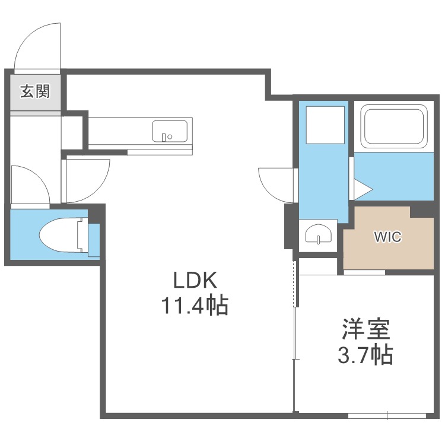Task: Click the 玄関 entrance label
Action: (35, 91)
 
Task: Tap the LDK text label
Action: (195, 280)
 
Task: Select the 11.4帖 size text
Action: (195, 305)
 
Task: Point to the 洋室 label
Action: (366, 329)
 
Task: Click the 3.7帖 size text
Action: (365, 354)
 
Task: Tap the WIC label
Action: (387, 237)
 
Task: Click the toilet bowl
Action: (60, 235)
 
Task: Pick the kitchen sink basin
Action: (170, 131)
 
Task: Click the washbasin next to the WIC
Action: (318, 234)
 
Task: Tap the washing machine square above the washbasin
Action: (325, 125)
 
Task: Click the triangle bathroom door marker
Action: (363, 189)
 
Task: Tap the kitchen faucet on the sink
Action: (164, 138)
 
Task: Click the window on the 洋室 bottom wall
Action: (387, 415)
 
